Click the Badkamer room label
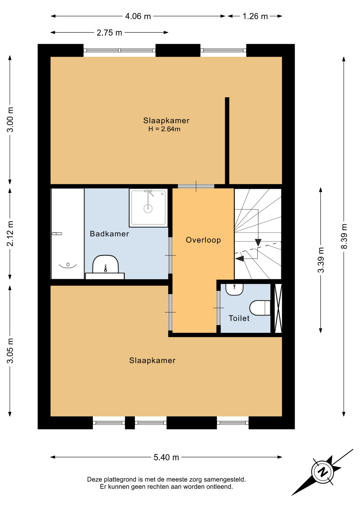tap(109, 234)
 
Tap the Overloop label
tap(203, 240)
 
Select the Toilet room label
tap(239, 318)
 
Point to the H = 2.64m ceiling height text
tap(164, 129)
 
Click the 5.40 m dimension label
tap(166, 457)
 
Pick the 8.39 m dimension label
tap(344, 236)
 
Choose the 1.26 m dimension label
tap(255, 16)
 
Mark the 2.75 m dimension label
tap(109, 33)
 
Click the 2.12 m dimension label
tap(10, 234)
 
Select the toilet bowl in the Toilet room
tap(260, 308)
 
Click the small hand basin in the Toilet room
tap(234, 289)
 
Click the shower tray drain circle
tap(148, 209)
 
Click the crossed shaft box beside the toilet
tap(278, 308)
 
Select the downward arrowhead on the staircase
tap(258, 242)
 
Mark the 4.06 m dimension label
tap(138, 16)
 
